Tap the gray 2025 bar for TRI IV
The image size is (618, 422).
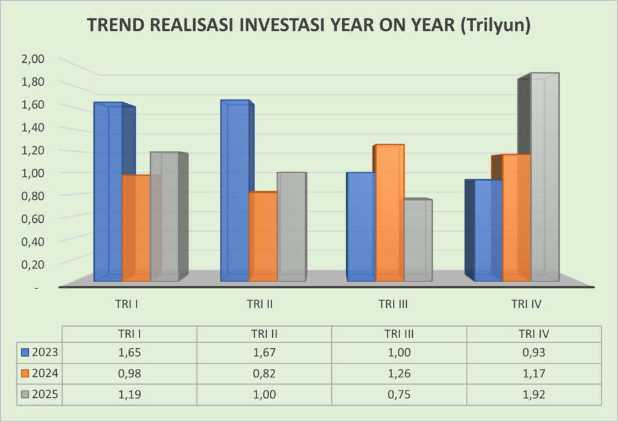click(x=544, y=178)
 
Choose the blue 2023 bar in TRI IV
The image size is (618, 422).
click(x=488, y=230)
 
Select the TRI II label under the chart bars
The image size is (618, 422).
click(x=262, y=304)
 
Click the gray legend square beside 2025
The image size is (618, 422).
click(x=25, y=395)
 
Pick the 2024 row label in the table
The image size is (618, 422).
click(x=45, y=374)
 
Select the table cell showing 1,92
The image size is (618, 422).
click(x=534, y=395)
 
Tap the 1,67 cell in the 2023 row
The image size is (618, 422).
click(x=264, y=353)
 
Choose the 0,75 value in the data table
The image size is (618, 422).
click(x=398, y=395)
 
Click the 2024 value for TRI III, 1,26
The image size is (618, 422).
click(x=398, y=374)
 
